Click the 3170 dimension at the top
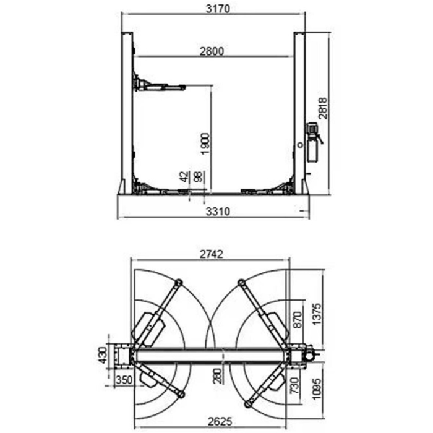click(x=213, y=9)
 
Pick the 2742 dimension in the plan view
click(x=211, y=253)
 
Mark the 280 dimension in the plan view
click(x=218, y=375)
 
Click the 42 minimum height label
click(x=184, y=177)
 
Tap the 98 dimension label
click(x=197, y=177)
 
